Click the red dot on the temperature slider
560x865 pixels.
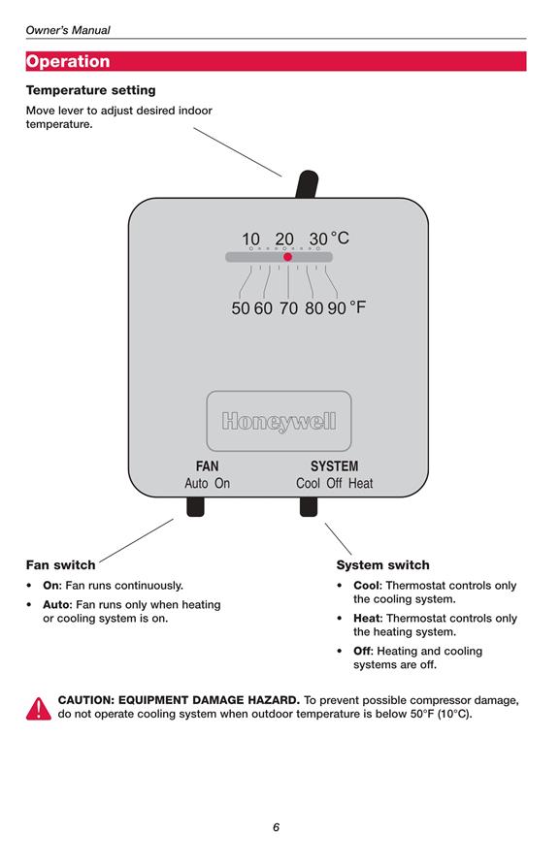coord(287,257)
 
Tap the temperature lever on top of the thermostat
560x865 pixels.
coord(307,184)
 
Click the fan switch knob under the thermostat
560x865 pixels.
coord(195,506)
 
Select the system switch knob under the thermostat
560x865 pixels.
coord(309,506)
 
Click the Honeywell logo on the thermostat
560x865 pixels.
coord(279,422)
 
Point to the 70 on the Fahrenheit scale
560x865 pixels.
coord(288,307)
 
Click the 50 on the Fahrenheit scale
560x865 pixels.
coord(241,307)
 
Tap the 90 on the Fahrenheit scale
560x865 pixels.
coord(337,307)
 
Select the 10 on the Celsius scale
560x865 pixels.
coord(250,239)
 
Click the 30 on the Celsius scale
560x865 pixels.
coord(318,239)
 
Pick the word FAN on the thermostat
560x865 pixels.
coord(207,466)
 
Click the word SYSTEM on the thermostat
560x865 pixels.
coord(334,466)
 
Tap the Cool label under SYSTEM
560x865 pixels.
coord(308,483)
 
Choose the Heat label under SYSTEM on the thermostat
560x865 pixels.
coord(361,483)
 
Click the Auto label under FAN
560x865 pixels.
coord(196,483)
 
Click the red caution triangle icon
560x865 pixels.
coord(39,709)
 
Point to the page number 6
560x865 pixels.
coord(277,827)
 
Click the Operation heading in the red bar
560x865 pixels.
coord(68,61)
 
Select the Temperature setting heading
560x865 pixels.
coord(90,90)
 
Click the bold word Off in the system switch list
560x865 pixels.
coord(362,651)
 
